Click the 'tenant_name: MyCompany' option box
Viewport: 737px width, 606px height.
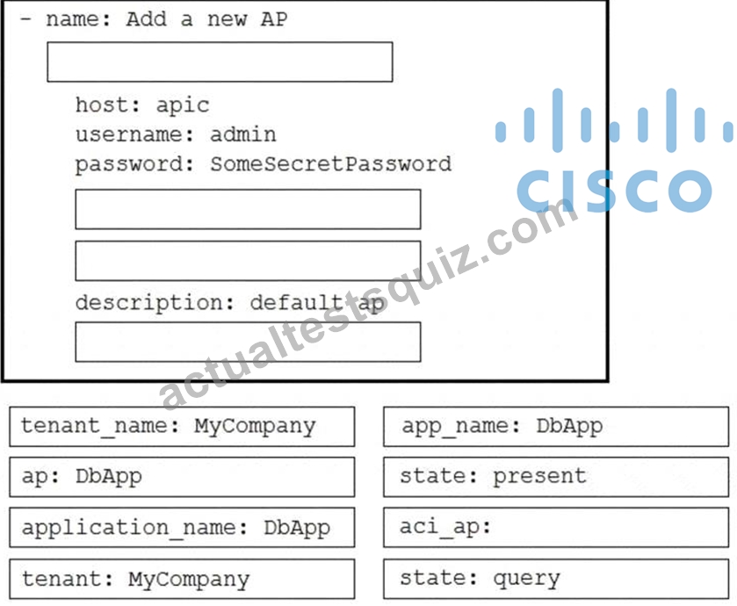click(182, 427)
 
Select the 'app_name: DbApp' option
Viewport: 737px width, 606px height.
click(556, 427)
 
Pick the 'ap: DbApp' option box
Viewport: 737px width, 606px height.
click(182, 477)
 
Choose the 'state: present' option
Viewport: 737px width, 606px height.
click(556, 477)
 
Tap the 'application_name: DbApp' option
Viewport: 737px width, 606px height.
click(182, 527)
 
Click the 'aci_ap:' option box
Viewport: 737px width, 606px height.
click(556, 527)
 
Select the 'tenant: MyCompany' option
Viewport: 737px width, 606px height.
click(182, 579)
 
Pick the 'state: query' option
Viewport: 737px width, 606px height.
click(556, 579)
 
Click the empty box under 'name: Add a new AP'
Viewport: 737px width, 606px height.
click(220, 62)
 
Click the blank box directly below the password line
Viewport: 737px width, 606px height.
click(249, 210)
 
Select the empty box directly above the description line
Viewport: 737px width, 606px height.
click(249, 261)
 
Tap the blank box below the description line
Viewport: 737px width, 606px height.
click(249, 342)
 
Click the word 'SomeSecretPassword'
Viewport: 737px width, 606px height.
click(330, 164)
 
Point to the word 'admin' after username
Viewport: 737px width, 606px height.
click(243, 135)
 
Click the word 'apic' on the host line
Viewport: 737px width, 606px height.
click(183, 105)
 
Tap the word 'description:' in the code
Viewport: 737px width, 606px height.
click(155, 302)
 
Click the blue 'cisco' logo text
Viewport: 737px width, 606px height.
click(614, 191)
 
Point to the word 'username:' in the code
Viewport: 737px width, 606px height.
click(134, 135)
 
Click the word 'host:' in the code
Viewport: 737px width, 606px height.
click(108, 105)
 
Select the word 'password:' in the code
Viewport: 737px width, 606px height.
click(134, 164)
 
